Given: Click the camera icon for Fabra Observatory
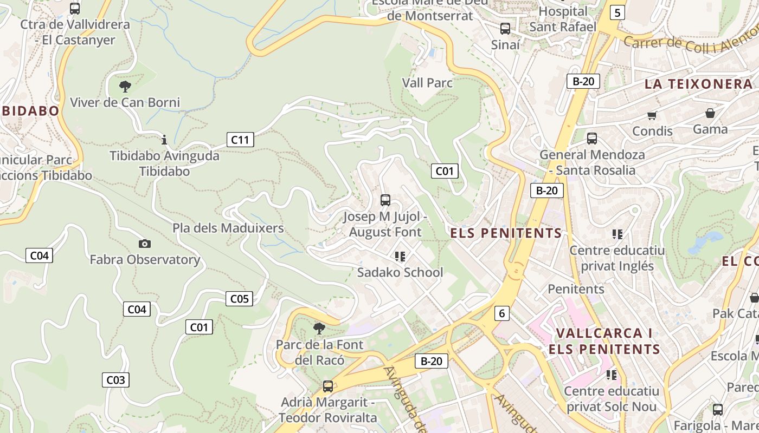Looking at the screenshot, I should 144,244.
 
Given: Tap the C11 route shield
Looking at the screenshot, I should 240,140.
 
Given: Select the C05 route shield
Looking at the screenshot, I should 239,298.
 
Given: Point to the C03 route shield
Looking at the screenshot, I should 115,379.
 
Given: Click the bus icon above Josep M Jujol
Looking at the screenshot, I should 385,200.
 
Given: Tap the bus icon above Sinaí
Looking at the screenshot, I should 505,29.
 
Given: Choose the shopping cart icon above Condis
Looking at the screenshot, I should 652,115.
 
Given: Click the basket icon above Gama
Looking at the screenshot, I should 710,113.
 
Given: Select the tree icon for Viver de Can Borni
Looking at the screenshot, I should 125,86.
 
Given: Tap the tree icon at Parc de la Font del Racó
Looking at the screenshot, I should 319,328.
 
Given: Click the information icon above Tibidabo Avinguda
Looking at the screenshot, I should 164,140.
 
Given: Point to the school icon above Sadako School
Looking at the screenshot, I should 400,256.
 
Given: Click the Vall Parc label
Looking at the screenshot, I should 427,83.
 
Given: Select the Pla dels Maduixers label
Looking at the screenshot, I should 228,228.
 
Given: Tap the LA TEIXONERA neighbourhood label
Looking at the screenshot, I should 698,84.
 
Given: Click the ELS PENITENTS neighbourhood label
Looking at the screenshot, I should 506,233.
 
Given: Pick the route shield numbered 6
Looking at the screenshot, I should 502,313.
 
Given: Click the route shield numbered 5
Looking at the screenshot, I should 617,12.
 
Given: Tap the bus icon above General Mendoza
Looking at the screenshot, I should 592,139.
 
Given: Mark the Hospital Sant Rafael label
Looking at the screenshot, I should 563,19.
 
